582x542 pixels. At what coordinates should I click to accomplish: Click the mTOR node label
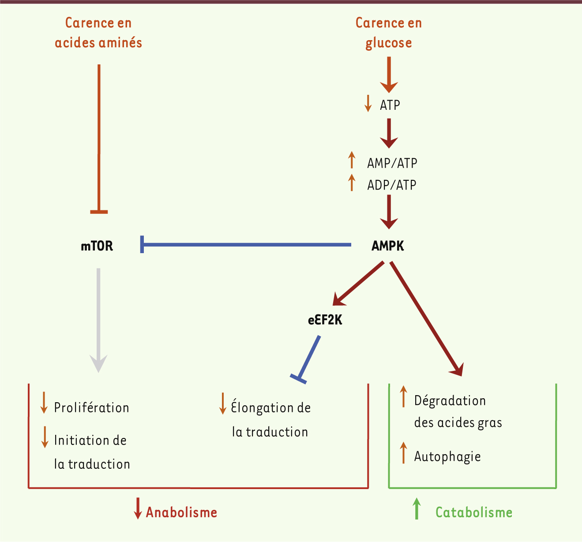click(97, 246)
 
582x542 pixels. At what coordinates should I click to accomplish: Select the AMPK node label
click(388, 246)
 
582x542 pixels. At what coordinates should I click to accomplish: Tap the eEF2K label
click(325, 320)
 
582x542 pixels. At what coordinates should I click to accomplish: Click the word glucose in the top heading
click(389, 43)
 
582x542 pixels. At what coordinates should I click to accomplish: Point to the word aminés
click(120, 42)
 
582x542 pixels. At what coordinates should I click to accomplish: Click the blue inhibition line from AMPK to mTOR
click(246, 244)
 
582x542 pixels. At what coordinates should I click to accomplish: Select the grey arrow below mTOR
click(98, 321)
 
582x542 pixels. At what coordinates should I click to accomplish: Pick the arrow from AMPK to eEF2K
click(358, 283)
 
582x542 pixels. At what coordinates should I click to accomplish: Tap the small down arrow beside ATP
click(368, 104)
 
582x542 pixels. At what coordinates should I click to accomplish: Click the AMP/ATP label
click(392, 163)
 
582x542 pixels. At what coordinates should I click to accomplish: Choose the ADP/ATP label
click(392, 185)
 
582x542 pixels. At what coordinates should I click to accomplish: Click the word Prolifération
click(91, 407)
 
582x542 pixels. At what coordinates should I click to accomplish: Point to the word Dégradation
click(450, 401)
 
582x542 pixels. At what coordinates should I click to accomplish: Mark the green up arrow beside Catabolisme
click(417, 508)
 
